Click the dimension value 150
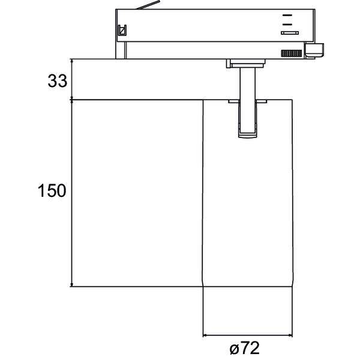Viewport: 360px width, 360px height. click(x=52, y=191)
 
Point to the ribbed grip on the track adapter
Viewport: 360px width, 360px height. click(x=291, y=53)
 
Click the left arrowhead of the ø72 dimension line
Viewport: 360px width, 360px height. click(x=206, y=335)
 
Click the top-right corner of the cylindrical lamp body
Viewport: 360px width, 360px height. click(x=292, y=100)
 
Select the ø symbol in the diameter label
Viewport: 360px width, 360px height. click(x=233, y=349)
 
